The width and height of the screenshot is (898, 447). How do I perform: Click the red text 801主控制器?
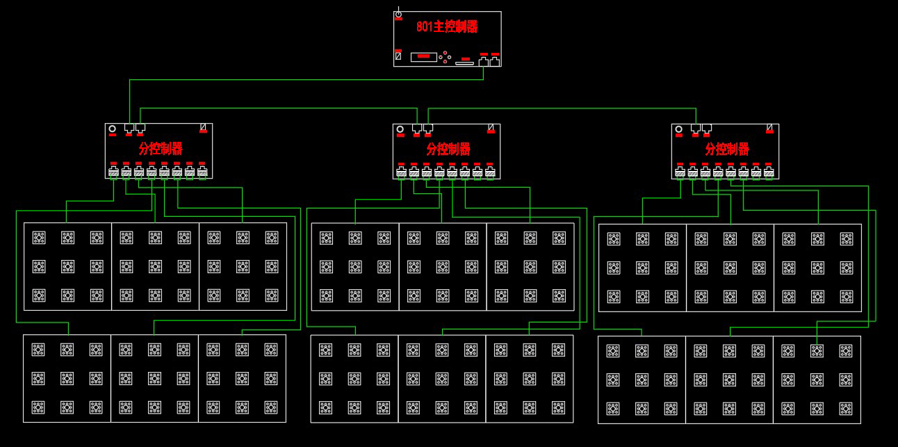pyautogui.click(x=447, y=27)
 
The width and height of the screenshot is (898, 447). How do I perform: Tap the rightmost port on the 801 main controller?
pyautogui.click(x=495, y=61)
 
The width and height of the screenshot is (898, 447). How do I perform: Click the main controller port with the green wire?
pyautogui.click(x=484, y=61)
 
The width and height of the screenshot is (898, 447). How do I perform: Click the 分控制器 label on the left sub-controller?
pyautogui.click(x=161, y=149)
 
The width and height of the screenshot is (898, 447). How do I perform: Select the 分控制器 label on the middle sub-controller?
pyautogui.click(x=448, y=149)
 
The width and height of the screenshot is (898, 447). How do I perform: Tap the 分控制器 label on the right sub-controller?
pyautogui.click(x=727, y=149)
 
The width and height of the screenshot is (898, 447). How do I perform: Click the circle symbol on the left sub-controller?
pyautogui.click(x=112, y=129)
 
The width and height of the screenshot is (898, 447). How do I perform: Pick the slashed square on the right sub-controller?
pyautogui.click(x=770, y=128)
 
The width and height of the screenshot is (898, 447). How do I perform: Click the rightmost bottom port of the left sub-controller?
pyautogui.click(x=202, y=172)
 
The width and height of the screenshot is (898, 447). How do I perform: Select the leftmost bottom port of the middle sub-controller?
pyautogui.click(x=401, y=172)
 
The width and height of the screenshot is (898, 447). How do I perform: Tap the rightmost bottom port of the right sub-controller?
pyautogui.click(x=769, y=172)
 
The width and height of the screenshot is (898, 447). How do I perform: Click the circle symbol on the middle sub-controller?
pyautogui.click(x=399, y=129)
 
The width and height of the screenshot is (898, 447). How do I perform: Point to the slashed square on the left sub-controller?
pyautogui.click(x=204, y=128)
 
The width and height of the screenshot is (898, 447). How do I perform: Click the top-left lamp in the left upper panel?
pyautogui.click(x=39, y=238)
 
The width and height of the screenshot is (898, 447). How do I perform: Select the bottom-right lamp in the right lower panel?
pyautogui.click(x=845, y=408)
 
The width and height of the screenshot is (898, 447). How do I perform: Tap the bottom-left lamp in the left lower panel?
pyautogui.click(x=38, y=407)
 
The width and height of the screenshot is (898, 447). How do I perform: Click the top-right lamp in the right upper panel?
pyautogui.click(x=846, y=239)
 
